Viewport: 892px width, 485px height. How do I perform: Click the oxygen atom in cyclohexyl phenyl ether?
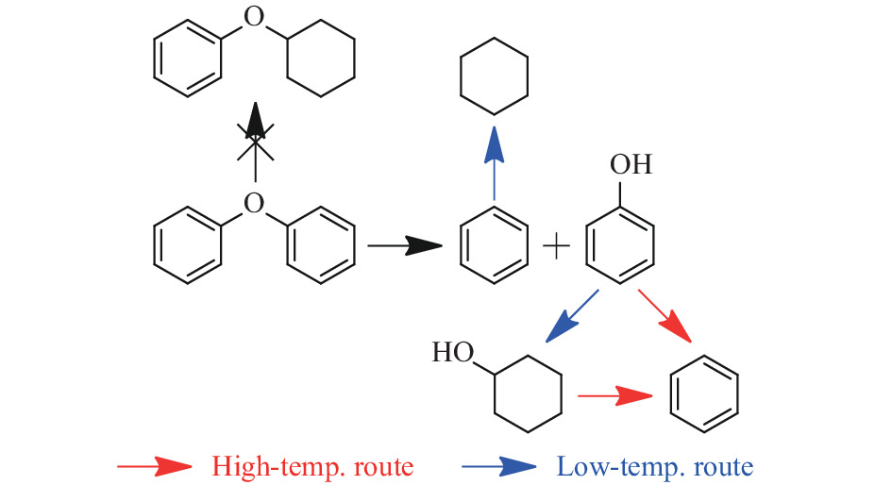coord(252,17)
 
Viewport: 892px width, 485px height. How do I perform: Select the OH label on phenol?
coord(631,165)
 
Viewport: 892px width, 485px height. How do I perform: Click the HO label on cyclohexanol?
coord(452,355)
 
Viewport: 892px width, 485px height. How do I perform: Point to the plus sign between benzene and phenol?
coord(557,248)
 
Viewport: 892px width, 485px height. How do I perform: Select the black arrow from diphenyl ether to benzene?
coord(404,247)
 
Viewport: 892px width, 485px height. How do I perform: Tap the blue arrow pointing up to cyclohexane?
coord(494,164)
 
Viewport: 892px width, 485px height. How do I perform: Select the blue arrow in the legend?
coord(499,465)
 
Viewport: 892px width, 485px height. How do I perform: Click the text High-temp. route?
coord(312,466)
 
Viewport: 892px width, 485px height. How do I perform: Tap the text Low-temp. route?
coord(654,466)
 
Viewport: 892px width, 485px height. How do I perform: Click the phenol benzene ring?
coord(619,247)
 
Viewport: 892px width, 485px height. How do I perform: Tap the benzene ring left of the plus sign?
coord(494,247)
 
